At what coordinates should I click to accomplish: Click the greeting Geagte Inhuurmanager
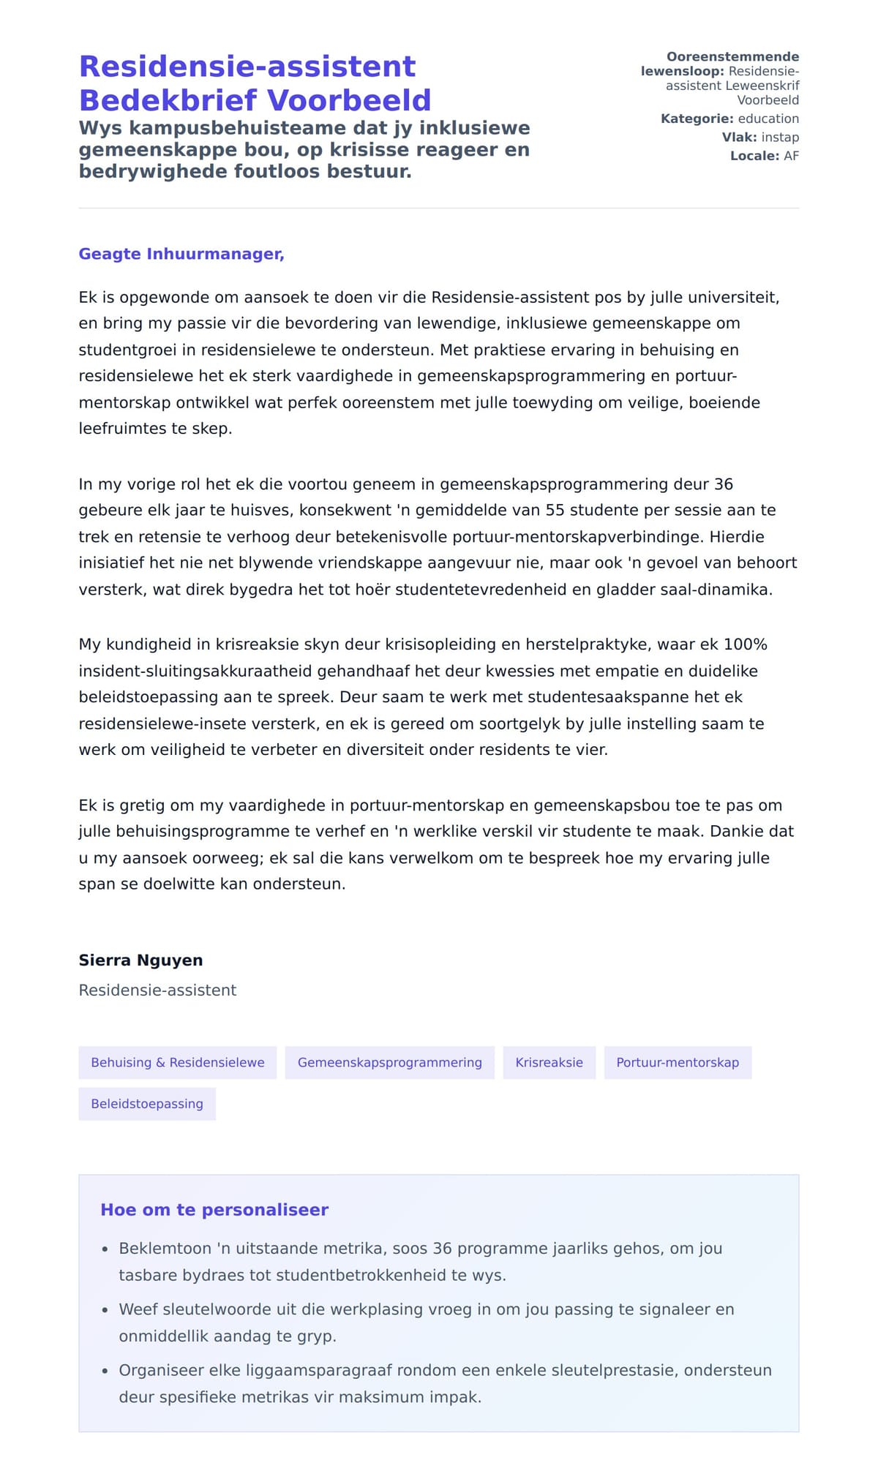tap(181, 254)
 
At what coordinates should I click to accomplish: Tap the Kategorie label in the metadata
tap(697, 119)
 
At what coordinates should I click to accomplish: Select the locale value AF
tap(791, 156)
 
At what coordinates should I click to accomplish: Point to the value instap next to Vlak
tap(780, 138)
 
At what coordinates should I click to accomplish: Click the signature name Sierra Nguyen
tap(140, 960)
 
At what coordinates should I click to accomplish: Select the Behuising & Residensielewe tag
tap(178, 1063)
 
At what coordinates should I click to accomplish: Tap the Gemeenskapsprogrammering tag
tap(389, 1063)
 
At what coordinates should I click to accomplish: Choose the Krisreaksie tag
tap(549, 1063)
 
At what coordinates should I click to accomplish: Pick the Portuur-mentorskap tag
tap(678, 1063)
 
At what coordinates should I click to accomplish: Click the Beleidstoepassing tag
tap(147, 1104)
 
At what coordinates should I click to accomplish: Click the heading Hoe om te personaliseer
tap(214, 1210)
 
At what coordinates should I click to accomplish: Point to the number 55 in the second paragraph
tap(555, 510)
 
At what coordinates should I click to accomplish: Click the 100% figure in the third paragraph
tap(745, 644)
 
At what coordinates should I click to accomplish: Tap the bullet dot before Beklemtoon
tap(105, 1249)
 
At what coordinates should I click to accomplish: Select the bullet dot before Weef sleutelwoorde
tap(105, 1310)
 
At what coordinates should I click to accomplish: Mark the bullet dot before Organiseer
tap(105, 1371)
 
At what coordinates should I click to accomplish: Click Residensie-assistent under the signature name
tap(157, 990)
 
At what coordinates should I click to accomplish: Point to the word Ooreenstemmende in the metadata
tap(732, 57)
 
